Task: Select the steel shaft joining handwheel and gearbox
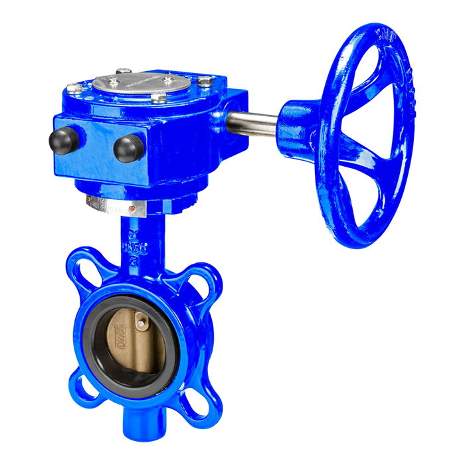(x=253, y=124)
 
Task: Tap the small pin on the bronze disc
(x=141, y=322)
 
